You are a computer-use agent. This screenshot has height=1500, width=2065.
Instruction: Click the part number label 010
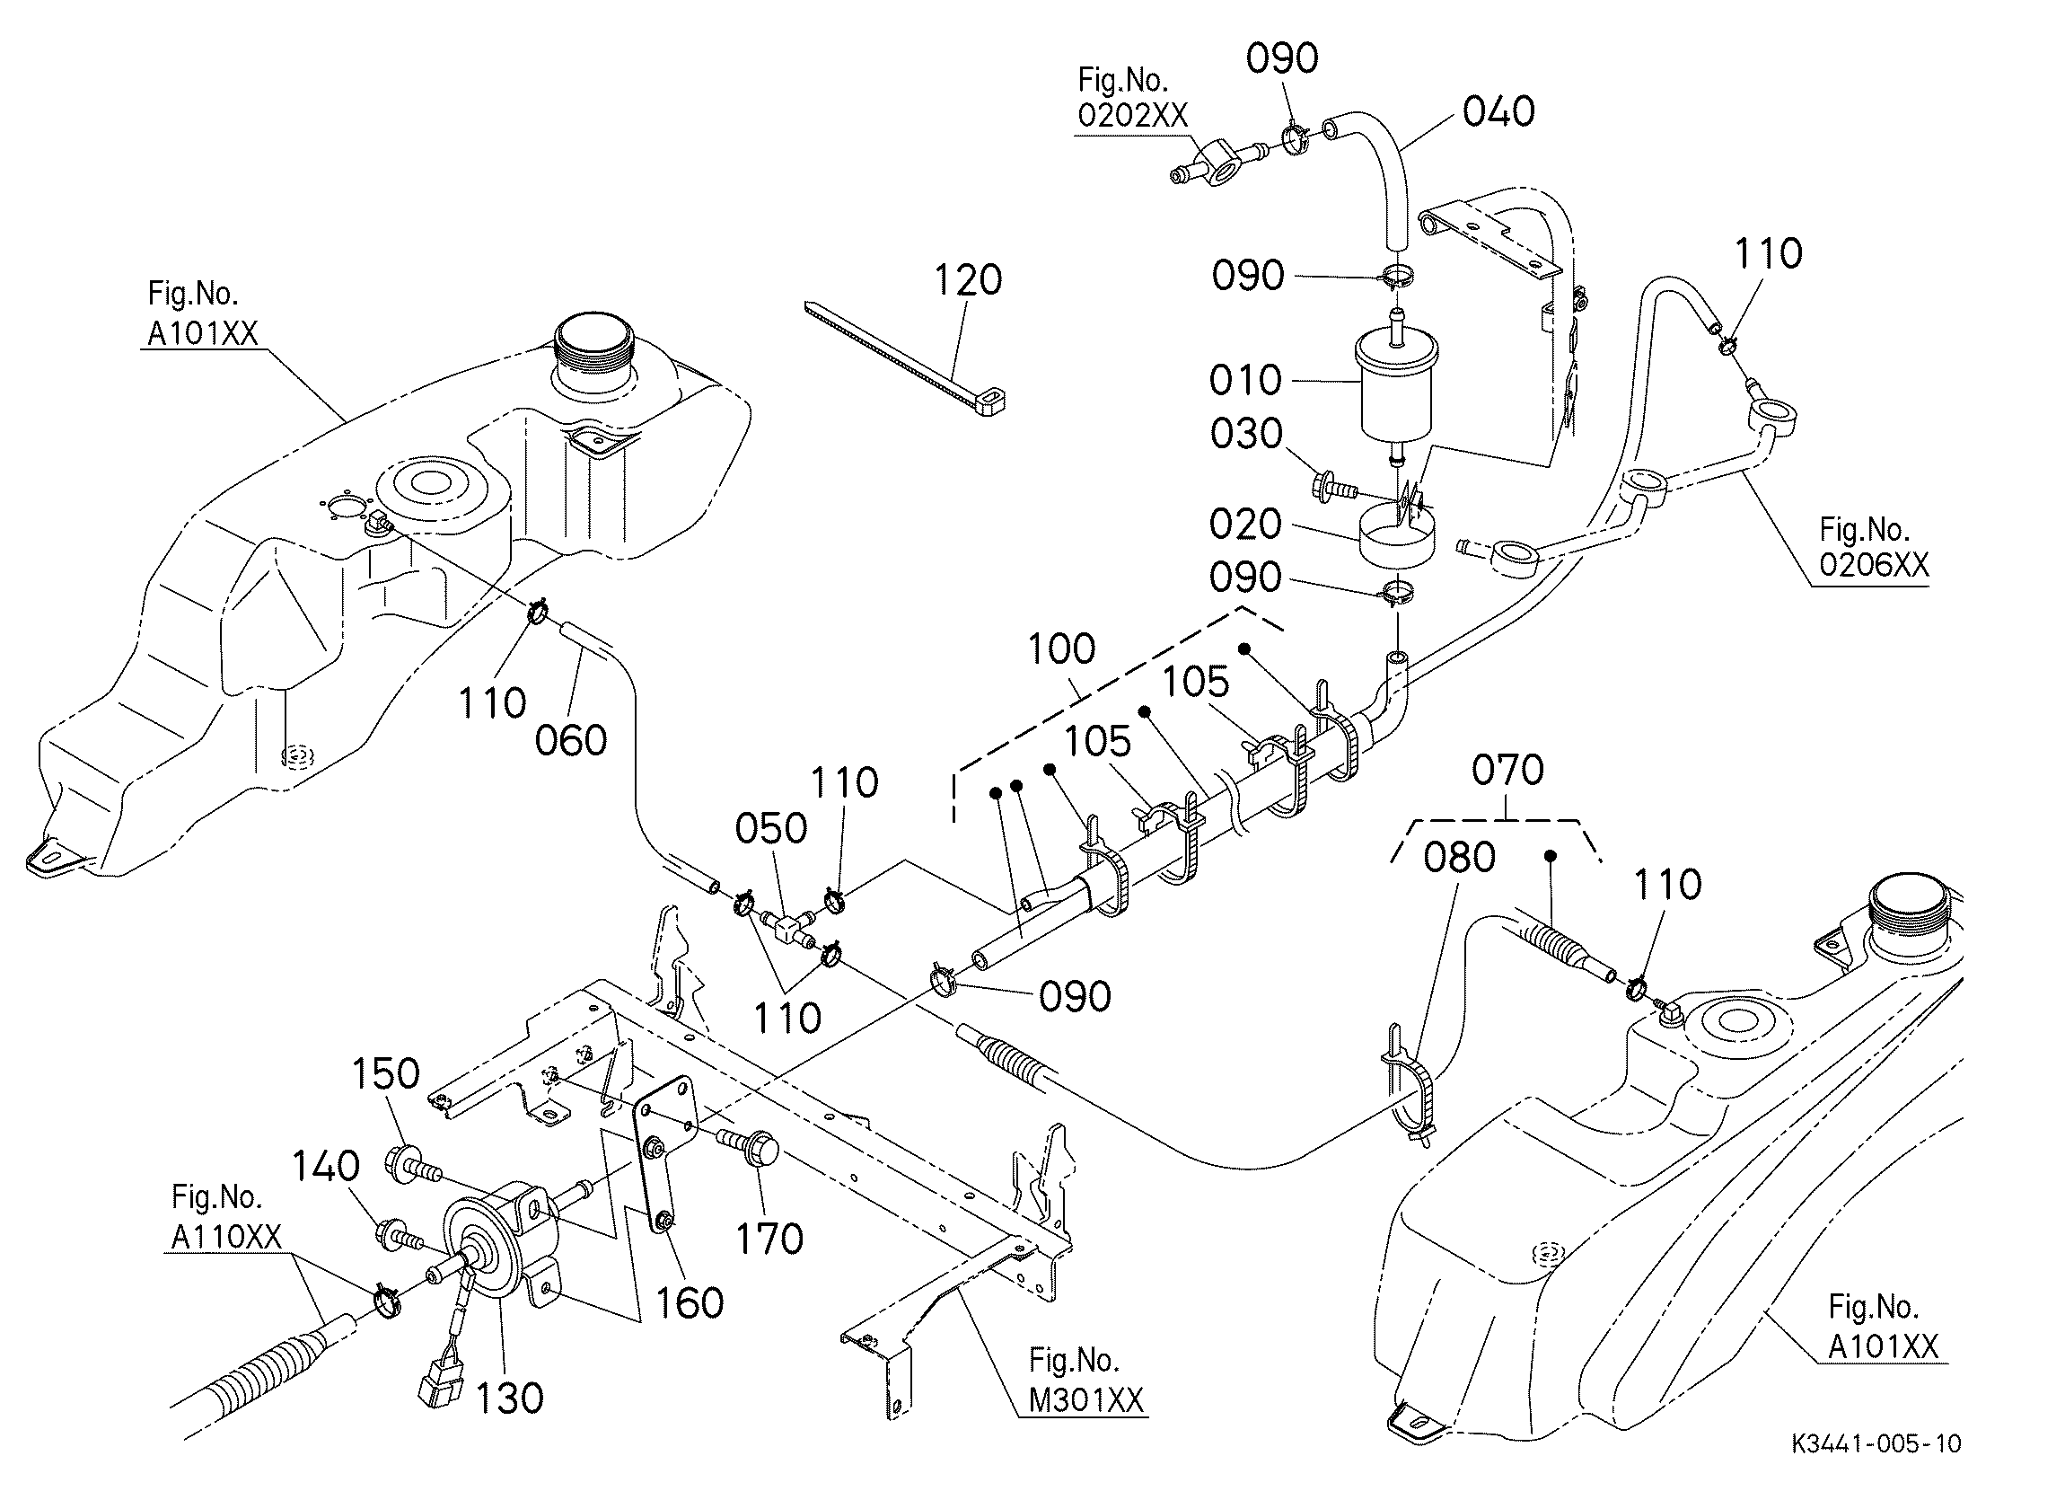point(1244,380)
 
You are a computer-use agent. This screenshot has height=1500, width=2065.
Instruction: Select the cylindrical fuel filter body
point(1399,387)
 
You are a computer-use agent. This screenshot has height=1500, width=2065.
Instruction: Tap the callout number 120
point(968,279)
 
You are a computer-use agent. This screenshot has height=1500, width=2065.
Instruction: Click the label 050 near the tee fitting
point(771,828)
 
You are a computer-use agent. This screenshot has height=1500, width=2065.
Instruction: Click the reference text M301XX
point(1086,1399)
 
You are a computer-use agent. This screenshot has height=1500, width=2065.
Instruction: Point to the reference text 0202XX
point(1133,116)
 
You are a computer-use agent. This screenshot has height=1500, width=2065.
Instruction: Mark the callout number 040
point(1498,111)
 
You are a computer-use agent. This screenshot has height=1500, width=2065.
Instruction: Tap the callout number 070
point(1507,771)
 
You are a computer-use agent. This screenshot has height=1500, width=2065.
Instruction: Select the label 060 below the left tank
point(571,740)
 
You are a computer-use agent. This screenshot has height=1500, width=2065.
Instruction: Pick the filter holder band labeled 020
point(1397,537)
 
